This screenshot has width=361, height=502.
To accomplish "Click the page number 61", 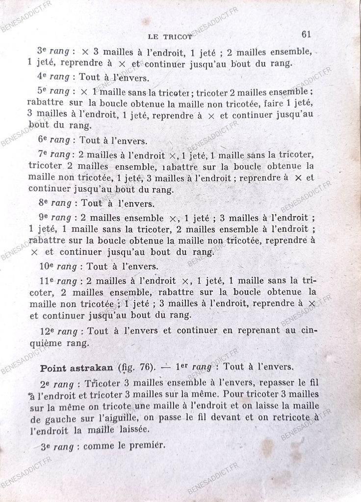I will coord(308,34).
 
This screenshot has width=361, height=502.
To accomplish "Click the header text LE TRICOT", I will coord(171,36).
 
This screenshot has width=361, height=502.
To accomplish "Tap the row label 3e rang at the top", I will coord(53,50).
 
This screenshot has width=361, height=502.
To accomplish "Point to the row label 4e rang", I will coord(53,77).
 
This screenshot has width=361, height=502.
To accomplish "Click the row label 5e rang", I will coord(53,92).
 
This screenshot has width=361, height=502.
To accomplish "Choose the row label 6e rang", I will coord(53,141).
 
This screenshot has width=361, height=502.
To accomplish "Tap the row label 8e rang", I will coord(54,202).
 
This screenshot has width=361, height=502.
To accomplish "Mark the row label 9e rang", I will coord(53,217).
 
